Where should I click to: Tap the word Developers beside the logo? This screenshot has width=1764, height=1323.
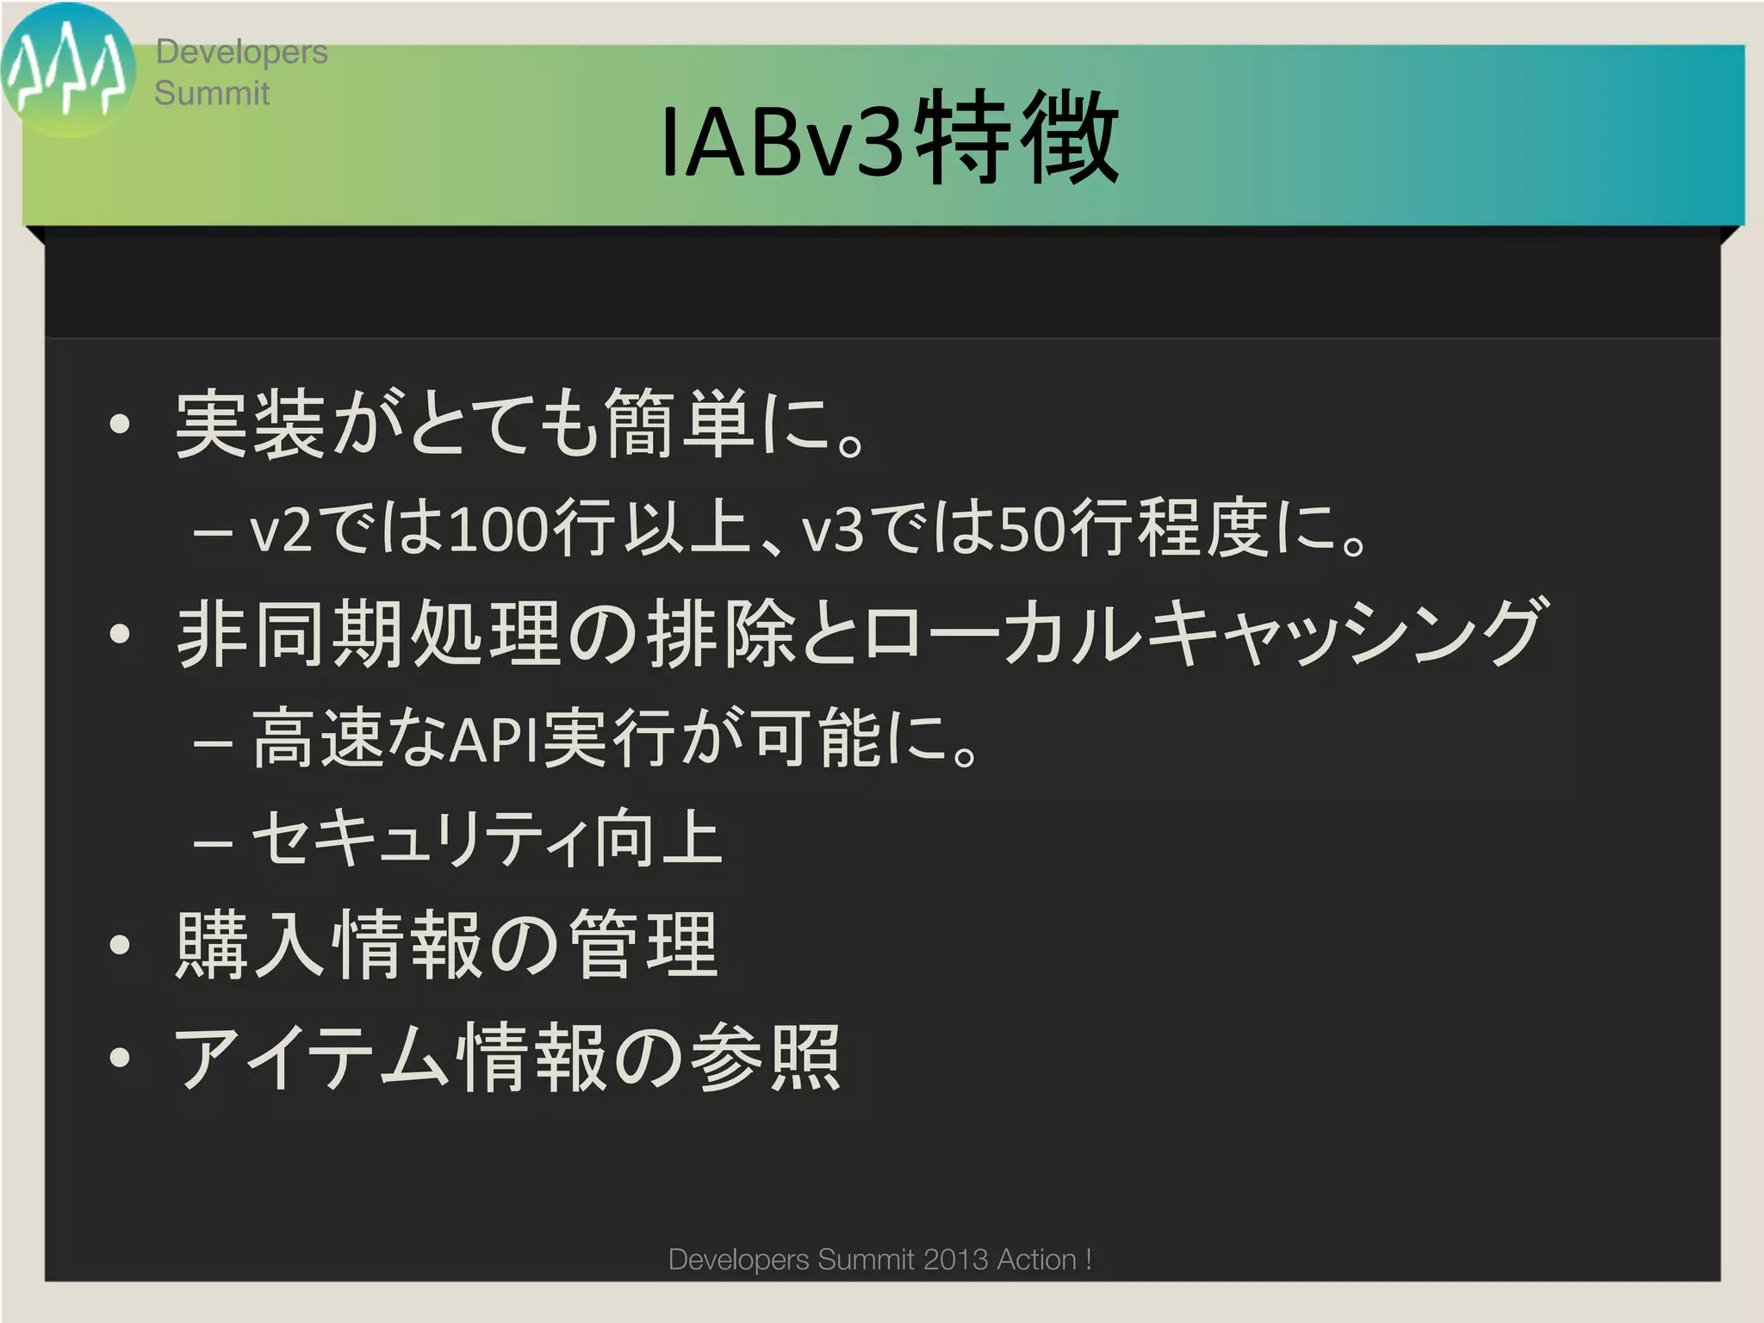(241, 52)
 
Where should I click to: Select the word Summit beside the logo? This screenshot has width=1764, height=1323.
(212, 93)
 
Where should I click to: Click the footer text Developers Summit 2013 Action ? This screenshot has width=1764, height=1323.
(879, 1259)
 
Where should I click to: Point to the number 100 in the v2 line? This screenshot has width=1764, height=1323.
(498, 529)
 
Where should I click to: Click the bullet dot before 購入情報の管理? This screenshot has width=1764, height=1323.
(120, 945)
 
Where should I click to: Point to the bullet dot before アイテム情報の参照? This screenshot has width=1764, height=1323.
(120, 1057)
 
